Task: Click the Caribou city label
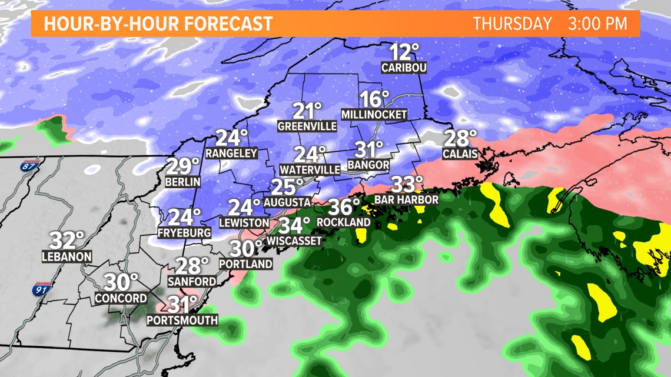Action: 403,68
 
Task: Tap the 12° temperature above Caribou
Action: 404,52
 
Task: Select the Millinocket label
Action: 374,115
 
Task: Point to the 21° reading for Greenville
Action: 308,111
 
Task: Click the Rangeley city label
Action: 231,153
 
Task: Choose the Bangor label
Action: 368,165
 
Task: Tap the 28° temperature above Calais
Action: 460,139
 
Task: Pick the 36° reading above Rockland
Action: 344,207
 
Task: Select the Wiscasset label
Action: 295,241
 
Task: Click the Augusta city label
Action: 287,202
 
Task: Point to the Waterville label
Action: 310,169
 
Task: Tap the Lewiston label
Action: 244,223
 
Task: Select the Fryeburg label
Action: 184,233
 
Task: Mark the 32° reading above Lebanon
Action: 67,241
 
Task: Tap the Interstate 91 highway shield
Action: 41,290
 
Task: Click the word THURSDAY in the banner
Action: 513,24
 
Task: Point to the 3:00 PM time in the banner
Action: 597,24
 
